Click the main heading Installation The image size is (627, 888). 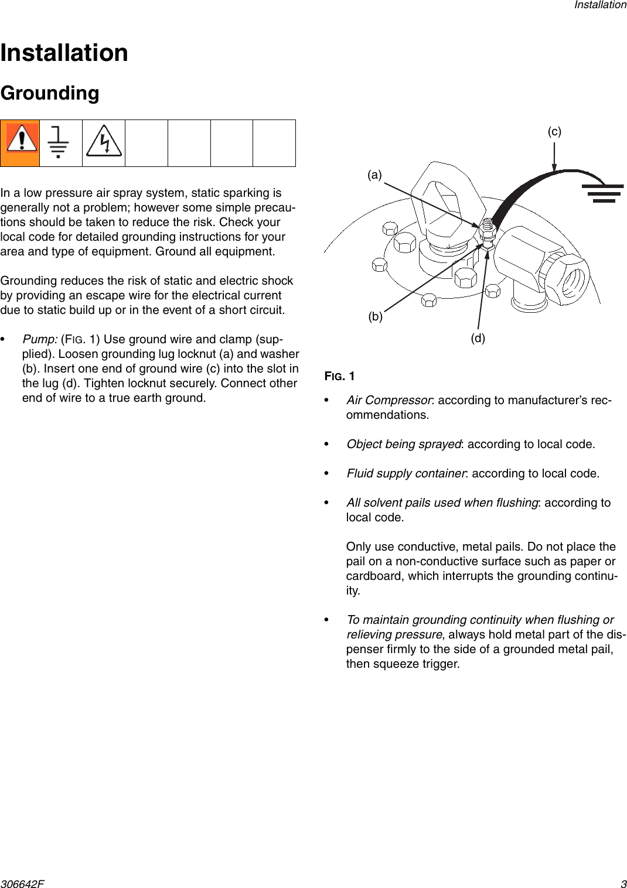point(64,53)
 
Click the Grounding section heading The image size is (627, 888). point(50,93)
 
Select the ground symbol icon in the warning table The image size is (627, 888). point(59,142)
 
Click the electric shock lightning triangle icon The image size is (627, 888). point(104,142)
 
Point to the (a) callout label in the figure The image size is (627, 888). point(374,175)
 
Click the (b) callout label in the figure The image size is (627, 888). point(375,316)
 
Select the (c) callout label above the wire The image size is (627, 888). point(554,131)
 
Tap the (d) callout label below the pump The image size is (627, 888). point(478,338)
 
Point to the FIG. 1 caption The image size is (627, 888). point(340,376)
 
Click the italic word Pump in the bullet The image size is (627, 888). point(40,339)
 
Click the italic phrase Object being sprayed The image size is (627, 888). point(404,444)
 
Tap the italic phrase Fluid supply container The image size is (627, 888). point(406,473)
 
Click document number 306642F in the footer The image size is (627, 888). point(22,884)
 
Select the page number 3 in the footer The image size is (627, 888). point(623,884)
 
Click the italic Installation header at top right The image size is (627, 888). point(600,5)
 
